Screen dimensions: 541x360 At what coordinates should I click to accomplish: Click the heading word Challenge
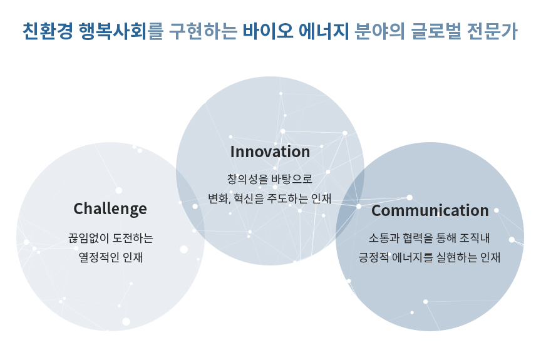tap(110, 209)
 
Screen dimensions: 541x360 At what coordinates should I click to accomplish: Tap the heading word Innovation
tap(270, 152)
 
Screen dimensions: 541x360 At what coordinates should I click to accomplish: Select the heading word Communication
tap(430, 210)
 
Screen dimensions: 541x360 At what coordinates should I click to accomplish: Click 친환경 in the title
tap(48, 31)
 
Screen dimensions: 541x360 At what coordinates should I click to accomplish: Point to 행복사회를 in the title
tap(121, 31)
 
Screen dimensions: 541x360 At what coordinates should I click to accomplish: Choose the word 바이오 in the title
tap(268, 31)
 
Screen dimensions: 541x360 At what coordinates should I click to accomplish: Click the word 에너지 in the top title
tap(324, 31)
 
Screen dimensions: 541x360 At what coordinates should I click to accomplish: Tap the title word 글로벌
tap(436, 31)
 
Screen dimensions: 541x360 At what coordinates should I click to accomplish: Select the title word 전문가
tap(492, 31)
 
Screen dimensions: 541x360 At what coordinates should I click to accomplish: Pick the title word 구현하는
tap(204, 31)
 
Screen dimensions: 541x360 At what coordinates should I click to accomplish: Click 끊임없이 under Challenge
tap(89, 238)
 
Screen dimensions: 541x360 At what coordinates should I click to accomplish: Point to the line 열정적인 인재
tap(110, 257)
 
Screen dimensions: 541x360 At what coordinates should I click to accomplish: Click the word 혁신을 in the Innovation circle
tap(249, 198)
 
